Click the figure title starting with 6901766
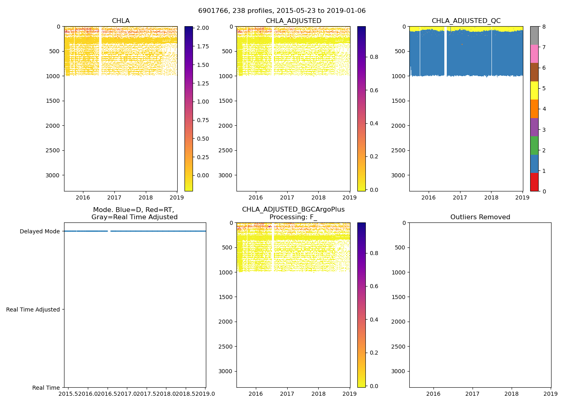[282, 11]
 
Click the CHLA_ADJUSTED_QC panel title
[466, 21]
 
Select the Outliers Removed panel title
[480, 217]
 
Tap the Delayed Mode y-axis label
[39, 231]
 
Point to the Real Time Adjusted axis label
[33, 310]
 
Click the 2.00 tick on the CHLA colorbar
[203, 28]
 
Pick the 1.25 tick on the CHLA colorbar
[203, 83]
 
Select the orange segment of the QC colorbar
[534, 109]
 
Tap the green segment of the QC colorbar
[534, 145]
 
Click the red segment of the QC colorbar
[534, 182]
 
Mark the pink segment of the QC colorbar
[534, 54]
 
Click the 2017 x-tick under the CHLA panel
[114, 197]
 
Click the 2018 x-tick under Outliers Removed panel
[512, 394]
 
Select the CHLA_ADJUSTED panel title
[293, 21]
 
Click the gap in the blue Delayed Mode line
[109, 231]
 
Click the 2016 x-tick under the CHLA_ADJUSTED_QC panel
[428, 197]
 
